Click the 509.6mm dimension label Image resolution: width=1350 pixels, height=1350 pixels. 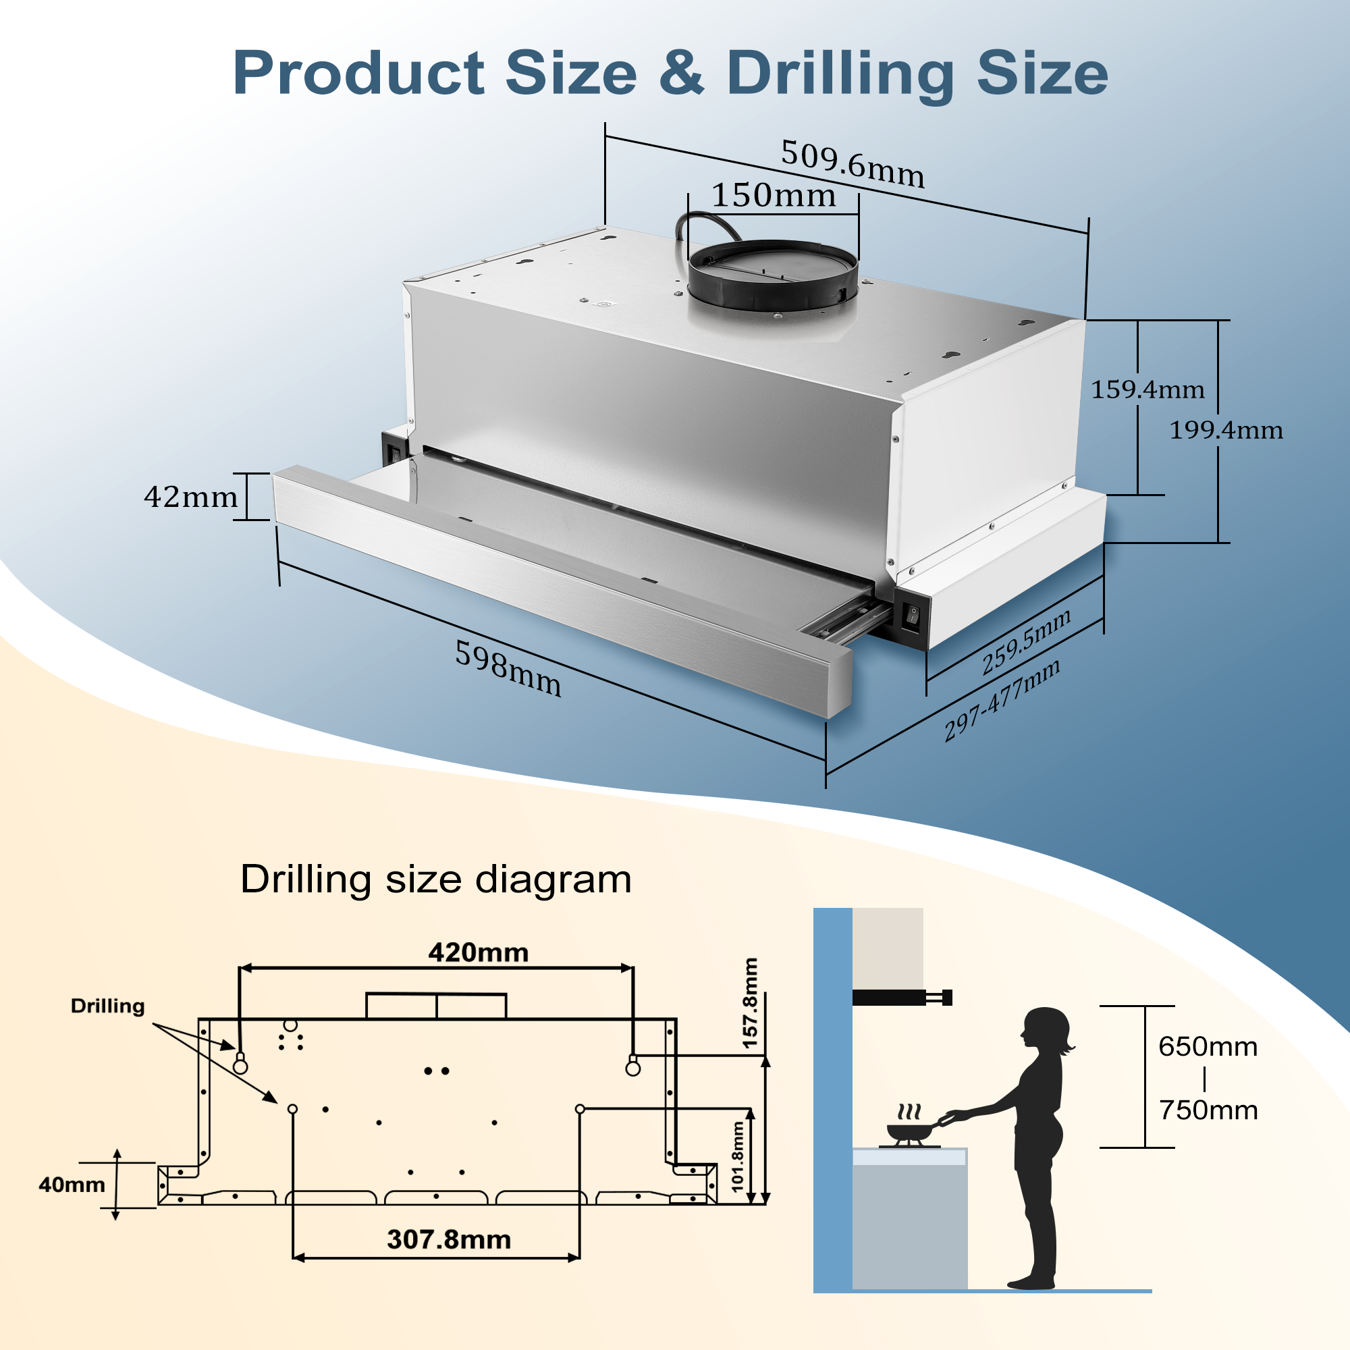853,163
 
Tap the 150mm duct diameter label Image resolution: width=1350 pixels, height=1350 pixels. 774,196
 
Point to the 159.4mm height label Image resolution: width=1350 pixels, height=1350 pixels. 1147,390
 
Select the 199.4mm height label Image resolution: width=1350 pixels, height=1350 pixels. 1226,431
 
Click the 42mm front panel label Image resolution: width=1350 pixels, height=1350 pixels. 191,497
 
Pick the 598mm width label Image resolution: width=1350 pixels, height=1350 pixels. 508,669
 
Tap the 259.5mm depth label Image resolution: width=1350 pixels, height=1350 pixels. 1026,641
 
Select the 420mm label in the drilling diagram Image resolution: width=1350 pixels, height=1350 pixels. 478,953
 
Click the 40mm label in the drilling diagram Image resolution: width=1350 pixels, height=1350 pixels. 72,1185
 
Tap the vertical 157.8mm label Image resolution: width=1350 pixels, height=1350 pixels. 750,1004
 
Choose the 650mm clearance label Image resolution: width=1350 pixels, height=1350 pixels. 1208,1047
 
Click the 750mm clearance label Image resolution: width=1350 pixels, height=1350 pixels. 1208,1110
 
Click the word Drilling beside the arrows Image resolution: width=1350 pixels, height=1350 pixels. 107,1006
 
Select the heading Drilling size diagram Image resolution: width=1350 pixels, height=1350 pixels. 435,879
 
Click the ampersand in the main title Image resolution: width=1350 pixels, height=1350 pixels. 680,74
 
